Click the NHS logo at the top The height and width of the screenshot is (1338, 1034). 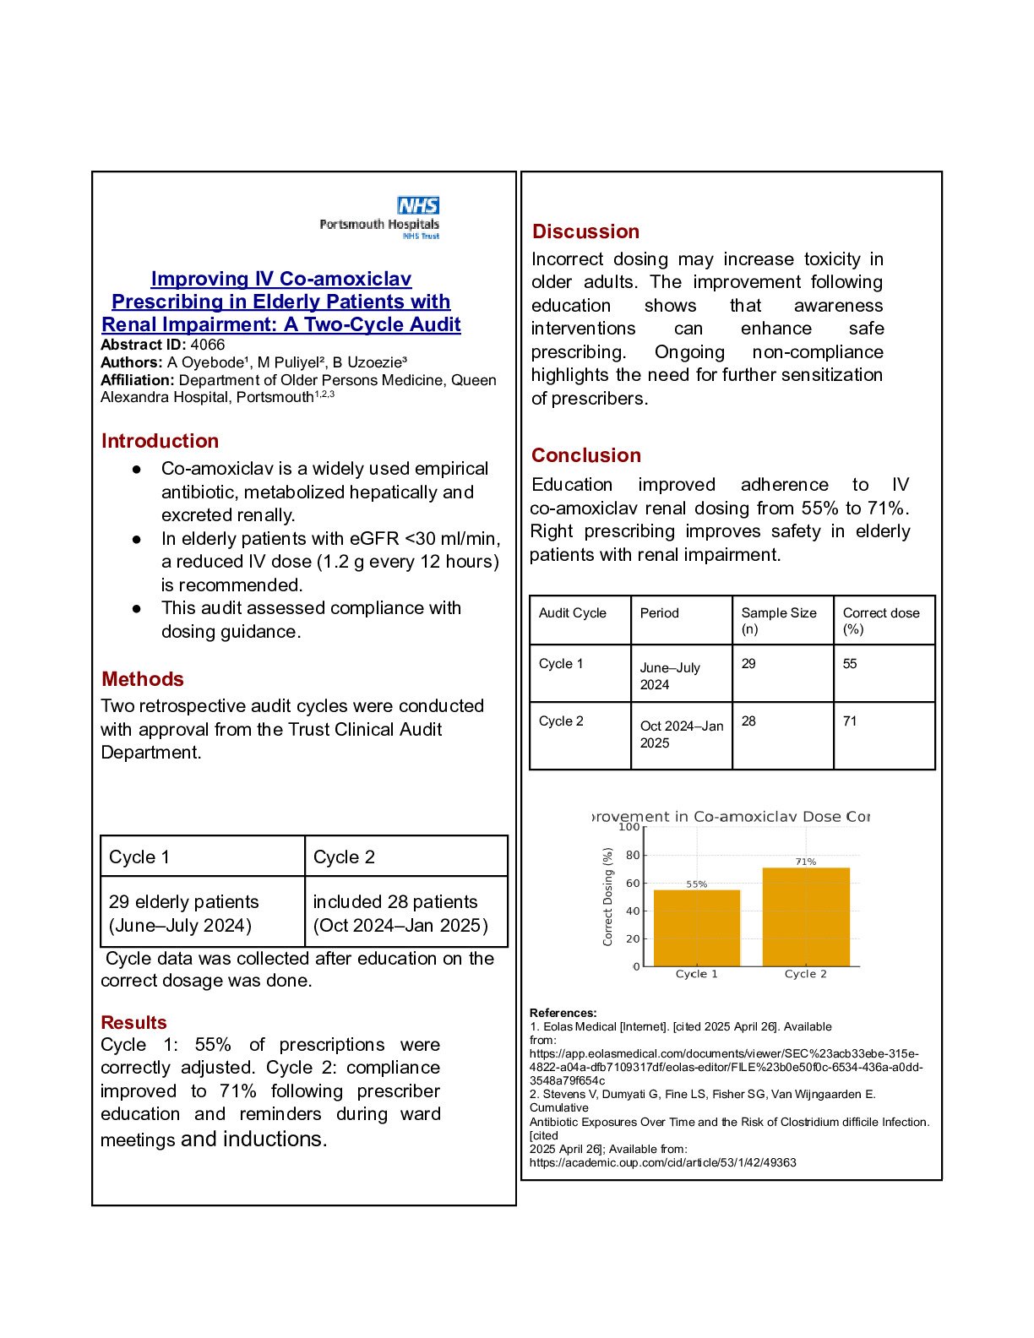418,205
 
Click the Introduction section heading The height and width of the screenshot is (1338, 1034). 160,441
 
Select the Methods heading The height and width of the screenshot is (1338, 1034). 142,679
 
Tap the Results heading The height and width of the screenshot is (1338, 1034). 133,1022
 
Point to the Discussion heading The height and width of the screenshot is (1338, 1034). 585,231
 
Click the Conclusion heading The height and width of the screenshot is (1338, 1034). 585,455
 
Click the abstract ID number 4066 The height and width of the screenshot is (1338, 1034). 208,345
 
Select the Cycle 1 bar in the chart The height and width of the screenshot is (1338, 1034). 696,929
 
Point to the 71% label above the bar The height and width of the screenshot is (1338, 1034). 805,862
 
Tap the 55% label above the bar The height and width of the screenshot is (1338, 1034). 696,884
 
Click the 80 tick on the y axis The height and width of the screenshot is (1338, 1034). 633,855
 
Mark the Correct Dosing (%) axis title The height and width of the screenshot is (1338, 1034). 607,896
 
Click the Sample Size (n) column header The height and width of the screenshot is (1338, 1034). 778,621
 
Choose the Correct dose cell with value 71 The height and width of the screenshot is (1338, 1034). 850,721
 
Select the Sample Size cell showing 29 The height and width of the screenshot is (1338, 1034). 748,664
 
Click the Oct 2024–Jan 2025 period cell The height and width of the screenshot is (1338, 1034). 681,734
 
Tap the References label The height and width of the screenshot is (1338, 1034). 563,1013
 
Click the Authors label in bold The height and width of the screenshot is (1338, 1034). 131,362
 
